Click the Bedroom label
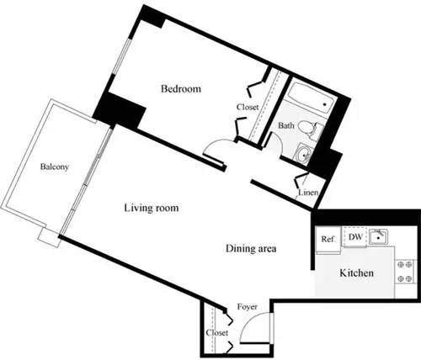tap(180, 89)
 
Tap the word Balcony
tap(55, 167)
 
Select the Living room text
tap(151, 208)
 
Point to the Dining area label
tap(251, 249)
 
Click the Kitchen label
tap(356, 273)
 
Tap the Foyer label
tap(247, 306)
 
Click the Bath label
tap(286, 126)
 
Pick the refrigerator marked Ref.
tap(328, 239)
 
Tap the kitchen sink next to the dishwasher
tap(380, 236)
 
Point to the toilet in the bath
tap(314, 129)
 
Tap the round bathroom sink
tap(303, 154)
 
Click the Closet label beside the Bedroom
tap(247, 108)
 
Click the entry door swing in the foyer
tap(257, 330)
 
